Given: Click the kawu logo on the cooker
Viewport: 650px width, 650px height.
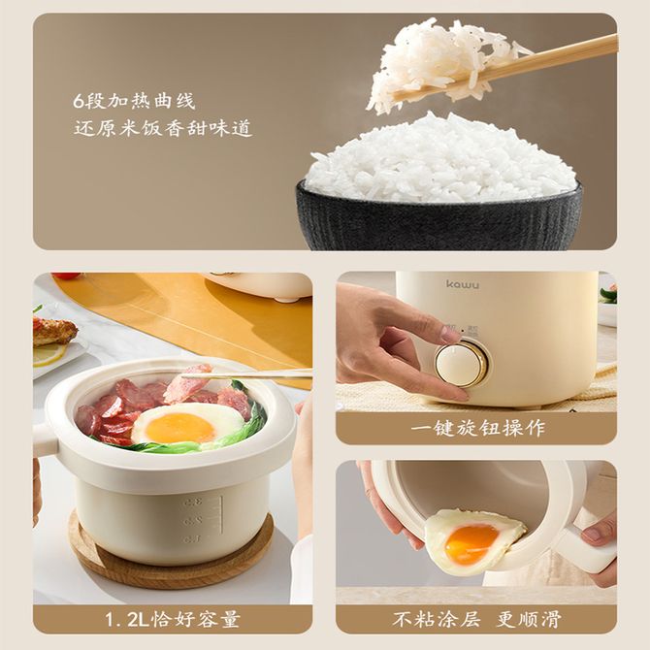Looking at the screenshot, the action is click(463, 284).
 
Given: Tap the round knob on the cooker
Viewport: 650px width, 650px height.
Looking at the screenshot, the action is click(461, 364).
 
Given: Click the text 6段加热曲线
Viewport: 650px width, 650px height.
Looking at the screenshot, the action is click(134, 101).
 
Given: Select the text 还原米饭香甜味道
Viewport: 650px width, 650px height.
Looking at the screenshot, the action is click(163, 128).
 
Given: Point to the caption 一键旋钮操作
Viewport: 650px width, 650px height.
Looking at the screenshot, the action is click(476, 428).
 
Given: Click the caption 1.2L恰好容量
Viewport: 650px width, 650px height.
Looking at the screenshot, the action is click(173, 619).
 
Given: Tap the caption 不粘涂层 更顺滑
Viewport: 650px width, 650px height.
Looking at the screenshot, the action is click(476, 619).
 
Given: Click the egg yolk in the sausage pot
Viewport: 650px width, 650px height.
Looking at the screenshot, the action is click(179, 428).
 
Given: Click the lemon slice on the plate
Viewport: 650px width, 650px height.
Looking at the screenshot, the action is click(49, 354).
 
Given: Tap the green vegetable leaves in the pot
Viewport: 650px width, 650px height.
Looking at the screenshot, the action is click(215, 439).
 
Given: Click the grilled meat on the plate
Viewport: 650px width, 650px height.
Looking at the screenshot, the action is click(53, 331).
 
